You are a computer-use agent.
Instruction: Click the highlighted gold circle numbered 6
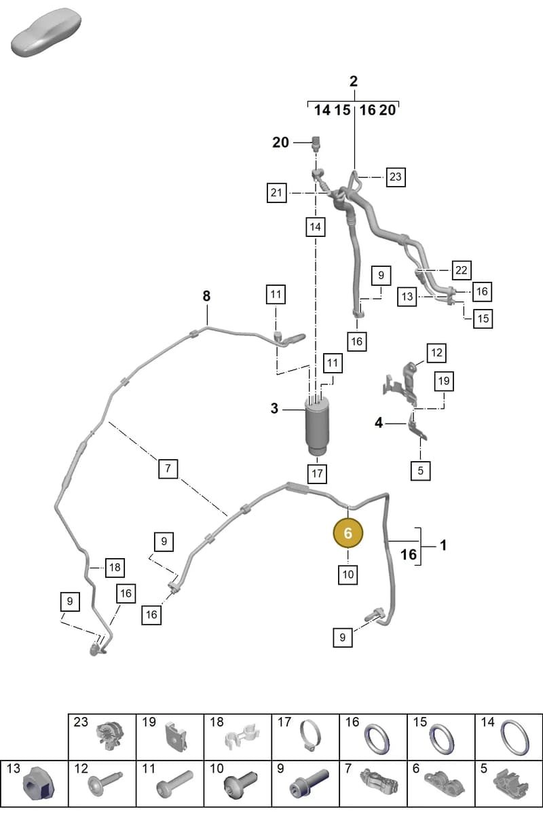348,533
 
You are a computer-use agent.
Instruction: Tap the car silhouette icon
46,33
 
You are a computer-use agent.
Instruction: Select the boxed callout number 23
396,177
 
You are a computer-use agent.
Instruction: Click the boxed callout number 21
276,193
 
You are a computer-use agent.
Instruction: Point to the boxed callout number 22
462,270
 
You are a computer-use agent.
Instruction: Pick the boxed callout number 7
168,469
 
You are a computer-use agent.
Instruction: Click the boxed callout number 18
115,567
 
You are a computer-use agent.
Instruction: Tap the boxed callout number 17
318,473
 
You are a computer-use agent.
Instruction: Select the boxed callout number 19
444,381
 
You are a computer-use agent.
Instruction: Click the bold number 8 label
206,296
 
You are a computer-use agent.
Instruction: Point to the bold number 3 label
275,409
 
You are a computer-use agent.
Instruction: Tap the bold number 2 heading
354,81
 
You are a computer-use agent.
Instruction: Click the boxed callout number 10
348,574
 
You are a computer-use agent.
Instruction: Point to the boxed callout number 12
436,353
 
